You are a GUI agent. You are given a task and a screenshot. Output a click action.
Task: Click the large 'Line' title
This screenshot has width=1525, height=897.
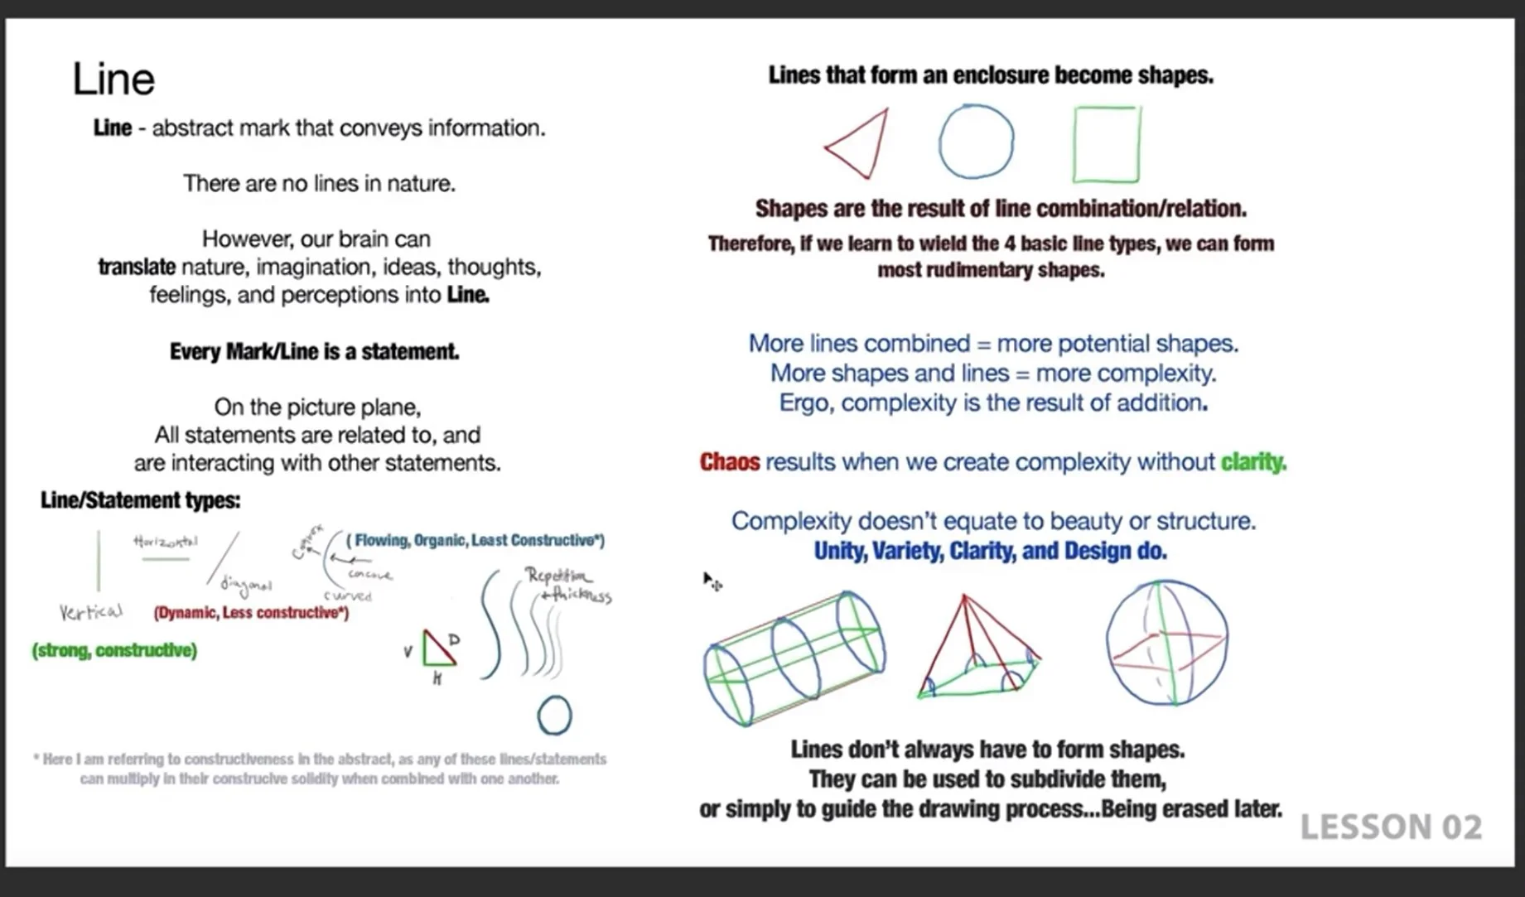point(113,80)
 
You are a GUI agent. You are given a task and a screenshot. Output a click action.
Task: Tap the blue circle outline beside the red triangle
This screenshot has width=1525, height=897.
point(976,141)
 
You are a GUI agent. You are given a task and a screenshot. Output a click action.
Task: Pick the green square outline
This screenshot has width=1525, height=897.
point(1106,144)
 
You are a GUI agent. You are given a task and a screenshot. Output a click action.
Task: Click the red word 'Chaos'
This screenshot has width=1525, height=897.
point(729,462)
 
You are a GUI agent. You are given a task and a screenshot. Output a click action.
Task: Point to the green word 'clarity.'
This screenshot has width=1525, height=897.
point(1253,462)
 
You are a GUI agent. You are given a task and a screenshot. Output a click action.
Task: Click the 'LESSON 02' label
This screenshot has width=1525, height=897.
point(1391,827)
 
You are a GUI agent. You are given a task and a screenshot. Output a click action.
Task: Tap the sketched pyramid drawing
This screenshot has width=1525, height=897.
point(977,650)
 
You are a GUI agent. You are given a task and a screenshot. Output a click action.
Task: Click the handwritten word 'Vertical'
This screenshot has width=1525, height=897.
point(90,612)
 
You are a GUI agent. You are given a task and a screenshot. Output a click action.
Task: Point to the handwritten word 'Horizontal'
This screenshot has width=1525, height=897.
point(165,542)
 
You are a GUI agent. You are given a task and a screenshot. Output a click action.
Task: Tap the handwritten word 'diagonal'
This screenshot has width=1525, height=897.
point(246,586)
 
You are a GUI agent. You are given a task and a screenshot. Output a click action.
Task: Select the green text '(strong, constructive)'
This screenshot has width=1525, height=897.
point(114,650)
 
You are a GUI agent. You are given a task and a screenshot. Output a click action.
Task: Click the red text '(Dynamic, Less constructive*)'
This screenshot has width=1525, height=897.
point(251,613)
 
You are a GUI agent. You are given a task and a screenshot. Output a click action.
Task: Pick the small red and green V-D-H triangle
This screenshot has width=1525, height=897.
point(437,649)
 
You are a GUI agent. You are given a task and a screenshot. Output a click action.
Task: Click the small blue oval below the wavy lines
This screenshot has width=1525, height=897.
point(554,716)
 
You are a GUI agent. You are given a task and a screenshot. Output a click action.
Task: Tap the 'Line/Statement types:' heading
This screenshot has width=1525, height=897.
point(141,500)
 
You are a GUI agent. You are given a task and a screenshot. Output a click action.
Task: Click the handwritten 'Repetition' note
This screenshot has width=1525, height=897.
point(558,576)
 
